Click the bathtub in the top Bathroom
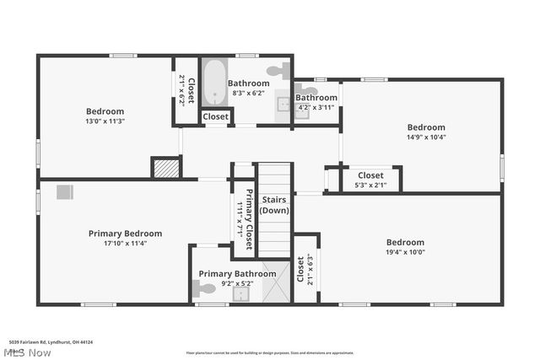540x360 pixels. (213, 82)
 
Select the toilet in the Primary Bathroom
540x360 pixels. (205, 289)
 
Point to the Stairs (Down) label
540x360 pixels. (275, 204)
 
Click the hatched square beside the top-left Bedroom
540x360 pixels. (165, 167)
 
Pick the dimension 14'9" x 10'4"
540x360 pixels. (426, 137)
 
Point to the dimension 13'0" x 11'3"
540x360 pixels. (105, 121)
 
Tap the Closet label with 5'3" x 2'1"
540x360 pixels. (370, 175)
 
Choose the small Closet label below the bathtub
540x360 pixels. (215, 116)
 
